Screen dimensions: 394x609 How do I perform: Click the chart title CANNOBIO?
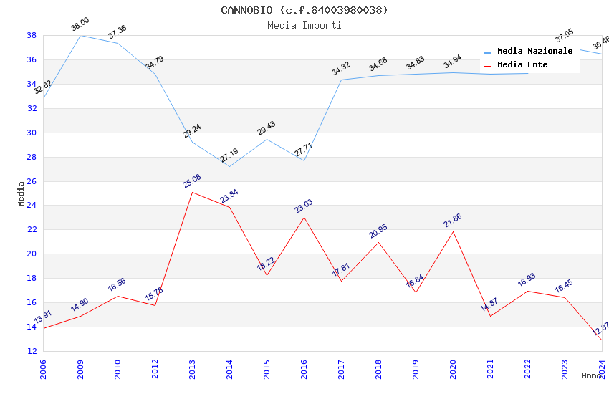(x=304, y=10)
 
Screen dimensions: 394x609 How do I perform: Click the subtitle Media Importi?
(x=304, y=25)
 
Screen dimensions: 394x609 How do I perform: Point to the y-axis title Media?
(x=21, y=193)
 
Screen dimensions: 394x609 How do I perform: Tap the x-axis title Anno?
(x=591, y=375)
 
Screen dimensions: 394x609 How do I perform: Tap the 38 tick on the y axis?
(x=32, y=35)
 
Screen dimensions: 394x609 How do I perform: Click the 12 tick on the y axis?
(x=32, y=351)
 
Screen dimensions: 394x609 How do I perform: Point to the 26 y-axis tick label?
(x=32, y=181)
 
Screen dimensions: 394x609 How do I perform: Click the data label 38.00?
(x=80, y=25)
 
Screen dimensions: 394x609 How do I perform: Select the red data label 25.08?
(x=191, y=181)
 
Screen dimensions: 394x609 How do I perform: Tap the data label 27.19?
(x=229, y=155)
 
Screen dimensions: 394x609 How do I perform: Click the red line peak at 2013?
(x=192, y=192)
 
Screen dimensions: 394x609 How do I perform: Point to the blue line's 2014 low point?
(x=229, y=166)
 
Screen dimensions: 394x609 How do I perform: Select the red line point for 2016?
(x=304, y=217)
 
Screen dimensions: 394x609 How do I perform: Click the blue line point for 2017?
(x=341, y=80)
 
